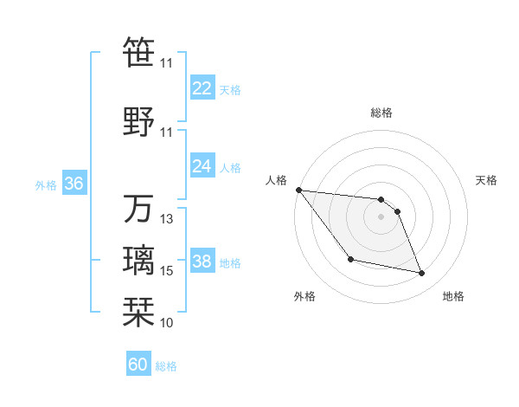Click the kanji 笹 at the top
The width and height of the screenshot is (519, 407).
(x=138, y=53)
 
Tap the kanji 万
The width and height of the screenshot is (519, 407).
(x=138, y=209)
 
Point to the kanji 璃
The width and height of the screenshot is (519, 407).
(x=138, y=260)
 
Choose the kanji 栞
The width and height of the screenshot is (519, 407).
(x=138, y=309)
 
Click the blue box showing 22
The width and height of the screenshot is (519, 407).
(x=202, y=88)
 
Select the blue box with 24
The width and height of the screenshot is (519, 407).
(x=202, y=166)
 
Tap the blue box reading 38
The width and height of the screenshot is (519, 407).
(x=202, y=262)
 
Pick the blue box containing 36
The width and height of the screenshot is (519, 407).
(x=74, y=184)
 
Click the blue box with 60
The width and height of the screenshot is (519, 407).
(x=138, y=365)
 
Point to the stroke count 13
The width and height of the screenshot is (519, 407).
(x=167, y=219)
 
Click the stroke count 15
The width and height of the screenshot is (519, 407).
(x=167, y=271)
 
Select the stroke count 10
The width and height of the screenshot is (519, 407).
(x=167, y=322)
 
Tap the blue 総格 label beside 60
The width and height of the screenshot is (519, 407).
(x=166, y=366)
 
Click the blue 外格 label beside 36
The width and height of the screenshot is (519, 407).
(x=46, y=184)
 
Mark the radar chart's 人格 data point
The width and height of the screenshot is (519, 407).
(x=298, y=190)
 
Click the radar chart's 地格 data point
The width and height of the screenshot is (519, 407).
(x=422, y=274)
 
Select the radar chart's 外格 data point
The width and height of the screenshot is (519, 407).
(x=350, y=259)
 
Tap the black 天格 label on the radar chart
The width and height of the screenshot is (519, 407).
(x=486, y=180)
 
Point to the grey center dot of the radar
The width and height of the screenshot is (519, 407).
(x=381, y=216)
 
